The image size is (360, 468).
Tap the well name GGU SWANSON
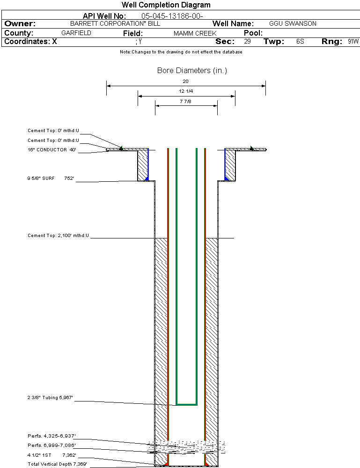pyautogui.click(x=293, y=23)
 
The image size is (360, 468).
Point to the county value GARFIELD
pyautogui.click(x=76, y=33)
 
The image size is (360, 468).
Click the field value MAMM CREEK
pyautogui.click(x=195, y=34)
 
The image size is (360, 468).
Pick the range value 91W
pyautogui.click(x=353, y=42)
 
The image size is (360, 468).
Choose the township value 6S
pyautogui.click(x=300, y=42)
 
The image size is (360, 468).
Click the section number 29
pyautogui.click(x=247, y=42)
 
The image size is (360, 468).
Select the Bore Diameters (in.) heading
pyautogui.click(x=192, y=71)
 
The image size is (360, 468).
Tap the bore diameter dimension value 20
pyautogui.click(x=185, y=81)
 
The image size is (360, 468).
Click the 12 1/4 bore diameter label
pyautogui.click(x=186, y=91)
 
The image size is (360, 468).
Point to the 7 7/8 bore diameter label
pyautogui.click(x=185, y=101)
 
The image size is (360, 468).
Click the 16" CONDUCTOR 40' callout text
pyautogui.click(x=51, y=150)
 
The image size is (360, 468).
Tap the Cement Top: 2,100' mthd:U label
pyautogui.click(x=58, y=236)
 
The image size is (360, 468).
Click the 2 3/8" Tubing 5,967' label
pyautogui.click(x=50, y=398)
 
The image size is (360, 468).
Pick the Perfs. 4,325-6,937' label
pyautogui.click(x=51, y=437)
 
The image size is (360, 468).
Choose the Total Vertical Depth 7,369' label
pyautogui.click(x=57, y=464)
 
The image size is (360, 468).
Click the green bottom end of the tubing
pyautogui.click(x=186, y=404)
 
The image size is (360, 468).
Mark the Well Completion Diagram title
pyautogui.click(x=166, y=5)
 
